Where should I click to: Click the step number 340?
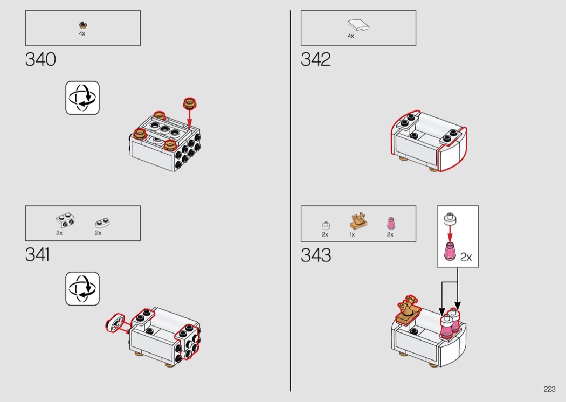point(40,59)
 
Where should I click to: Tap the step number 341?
point(38,255)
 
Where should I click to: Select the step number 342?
point(316,59)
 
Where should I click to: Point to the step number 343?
point(316,255)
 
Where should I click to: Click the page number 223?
point(549,389)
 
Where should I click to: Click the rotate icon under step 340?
point(82,98)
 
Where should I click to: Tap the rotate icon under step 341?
point(82,289)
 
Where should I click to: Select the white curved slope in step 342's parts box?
point(358,25)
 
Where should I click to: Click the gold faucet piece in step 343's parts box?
point(358,220)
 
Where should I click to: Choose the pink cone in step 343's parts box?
point(391,224)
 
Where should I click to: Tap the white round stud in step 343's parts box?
point(326,225)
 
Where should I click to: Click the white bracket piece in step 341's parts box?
point(65,220)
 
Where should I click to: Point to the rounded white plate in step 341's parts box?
point(102,223)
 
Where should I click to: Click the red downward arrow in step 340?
point(189,119)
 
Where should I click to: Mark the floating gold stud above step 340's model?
point(190,103)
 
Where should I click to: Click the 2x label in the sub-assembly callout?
point(466,257)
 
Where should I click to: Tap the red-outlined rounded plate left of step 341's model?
point(115,323)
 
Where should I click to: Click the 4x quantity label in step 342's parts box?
point(351,36)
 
